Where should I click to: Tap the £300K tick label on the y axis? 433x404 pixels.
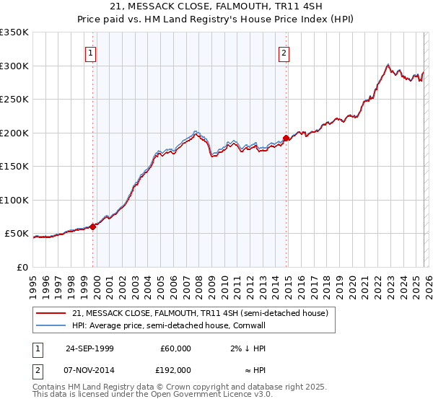point(14,66)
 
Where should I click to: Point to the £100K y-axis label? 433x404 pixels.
point(14,200)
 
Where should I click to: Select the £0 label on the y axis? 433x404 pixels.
point(22,267)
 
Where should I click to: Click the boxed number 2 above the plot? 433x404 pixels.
point(284,53)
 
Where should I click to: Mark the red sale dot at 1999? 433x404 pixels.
point(93,227)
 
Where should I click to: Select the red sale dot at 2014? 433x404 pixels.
point(286,138)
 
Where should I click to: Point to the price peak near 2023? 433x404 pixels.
point(388,64)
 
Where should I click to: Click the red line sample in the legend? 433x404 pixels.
point(52,313)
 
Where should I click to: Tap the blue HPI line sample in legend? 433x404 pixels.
point(52,325)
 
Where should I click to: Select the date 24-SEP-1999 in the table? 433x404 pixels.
point(89,348)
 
